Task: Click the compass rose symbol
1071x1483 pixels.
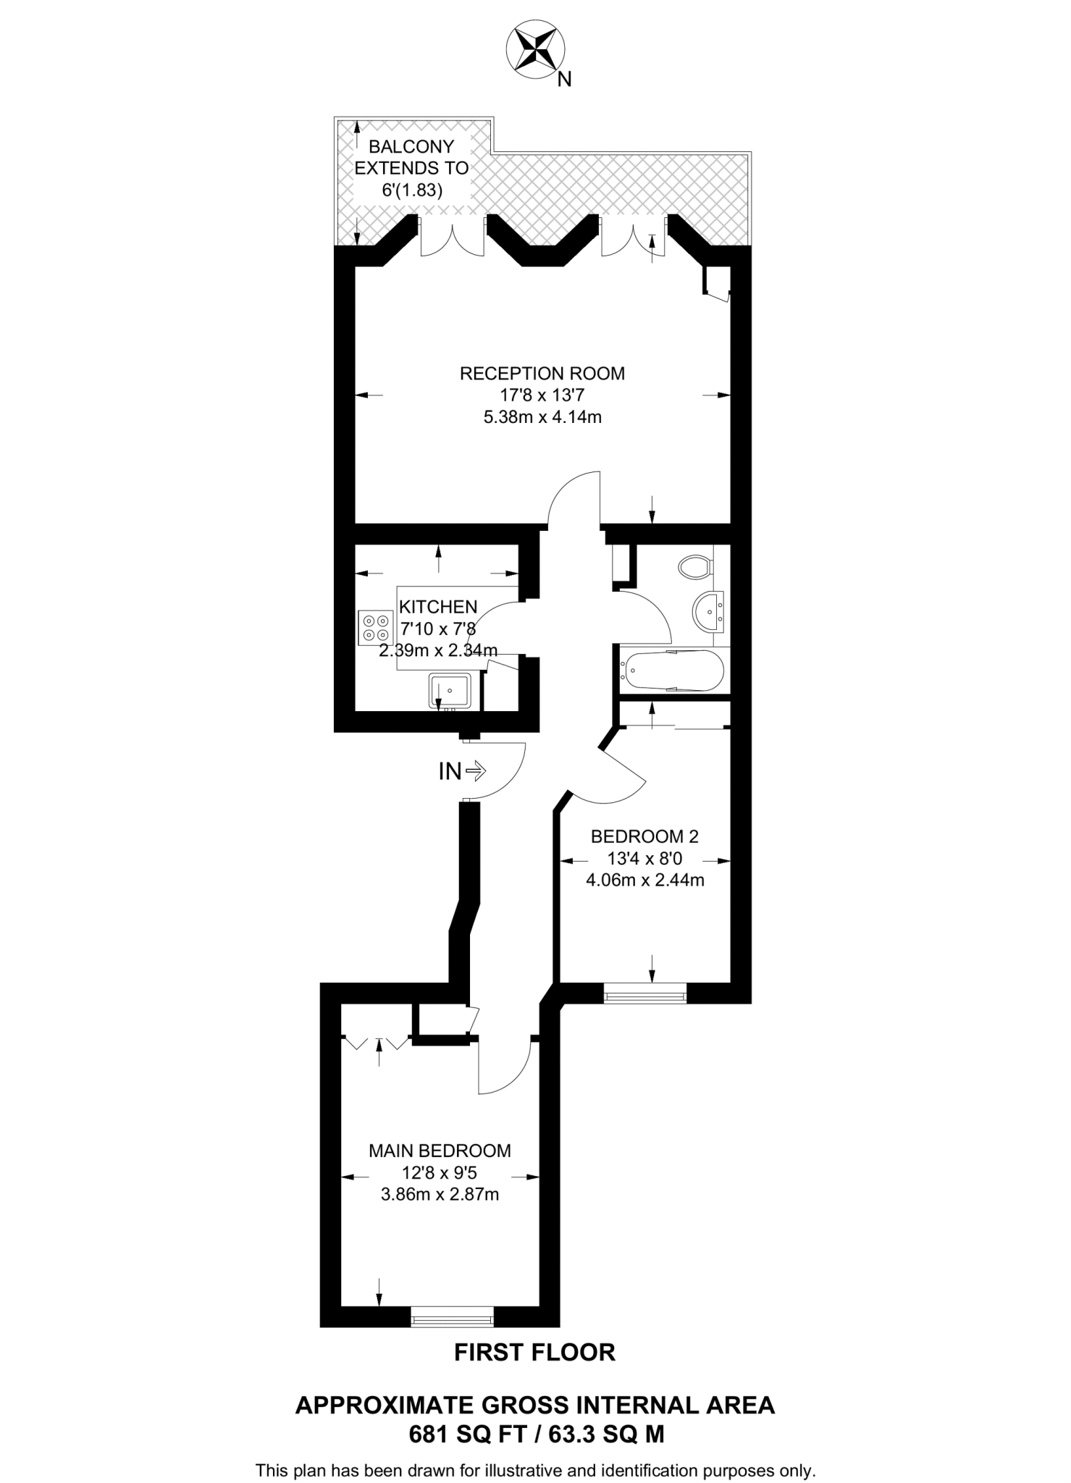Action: [x=534, y=49]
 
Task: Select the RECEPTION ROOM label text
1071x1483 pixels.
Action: [x=542, y=374]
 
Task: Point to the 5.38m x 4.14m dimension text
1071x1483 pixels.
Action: [x=542, y=417]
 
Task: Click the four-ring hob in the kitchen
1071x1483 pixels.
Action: [x=375, y=627]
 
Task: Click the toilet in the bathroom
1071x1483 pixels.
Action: [x=694, y=566]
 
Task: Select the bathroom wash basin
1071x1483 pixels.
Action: [x=707, y=610]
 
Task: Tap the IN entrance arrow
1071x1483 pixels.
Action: [x=476, y=771]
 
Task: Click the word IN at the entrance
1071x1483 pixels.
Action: [x=450, y=772]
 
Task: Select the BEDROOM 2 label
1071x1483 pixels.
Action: [x=644, y=837]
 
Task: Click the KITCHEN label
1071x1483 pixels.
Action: [x=438, y=607]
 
